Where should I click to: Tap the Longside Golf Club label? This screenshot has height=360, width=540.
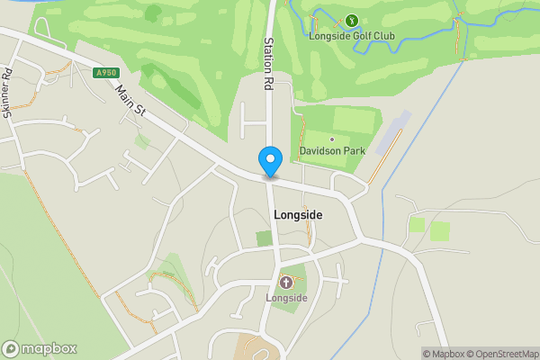(352, 36)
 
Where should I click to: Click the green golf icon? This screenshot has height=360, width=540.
(352, 20)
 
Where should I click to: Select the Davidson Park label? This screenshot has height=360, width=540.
(332, 151)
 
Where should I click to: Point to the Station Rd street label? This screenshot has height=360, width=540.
(268, 64)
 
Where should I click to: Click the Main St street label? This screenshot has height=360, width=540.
(131, 99)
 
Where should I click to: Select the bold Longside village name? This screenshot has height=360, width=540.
(297, 215)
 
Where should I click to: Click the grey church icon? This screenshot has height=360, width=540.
(286, 282)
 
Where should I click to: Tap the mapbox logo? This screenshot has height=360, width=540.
(40, 348)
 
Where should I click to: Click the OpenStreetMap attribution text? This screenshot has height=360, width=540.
(501, 354)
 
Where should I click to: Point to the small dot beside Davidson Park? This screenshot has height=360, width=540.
(332, 139)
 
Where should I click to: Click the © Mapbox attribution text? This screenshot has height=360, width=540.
(442, 354)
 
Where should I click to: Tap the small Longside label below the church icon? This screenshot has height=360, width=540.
(286, 297)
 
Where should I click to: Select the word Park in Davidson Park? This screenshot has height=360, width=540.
(354, 151)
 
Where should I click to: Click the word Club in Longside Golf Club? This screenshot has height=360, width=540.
(383, 36)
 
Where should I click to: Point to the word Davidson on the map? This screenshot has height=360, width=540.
(320, 151)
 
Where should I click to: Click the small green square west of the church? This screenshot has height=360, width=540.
(264, 238)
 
